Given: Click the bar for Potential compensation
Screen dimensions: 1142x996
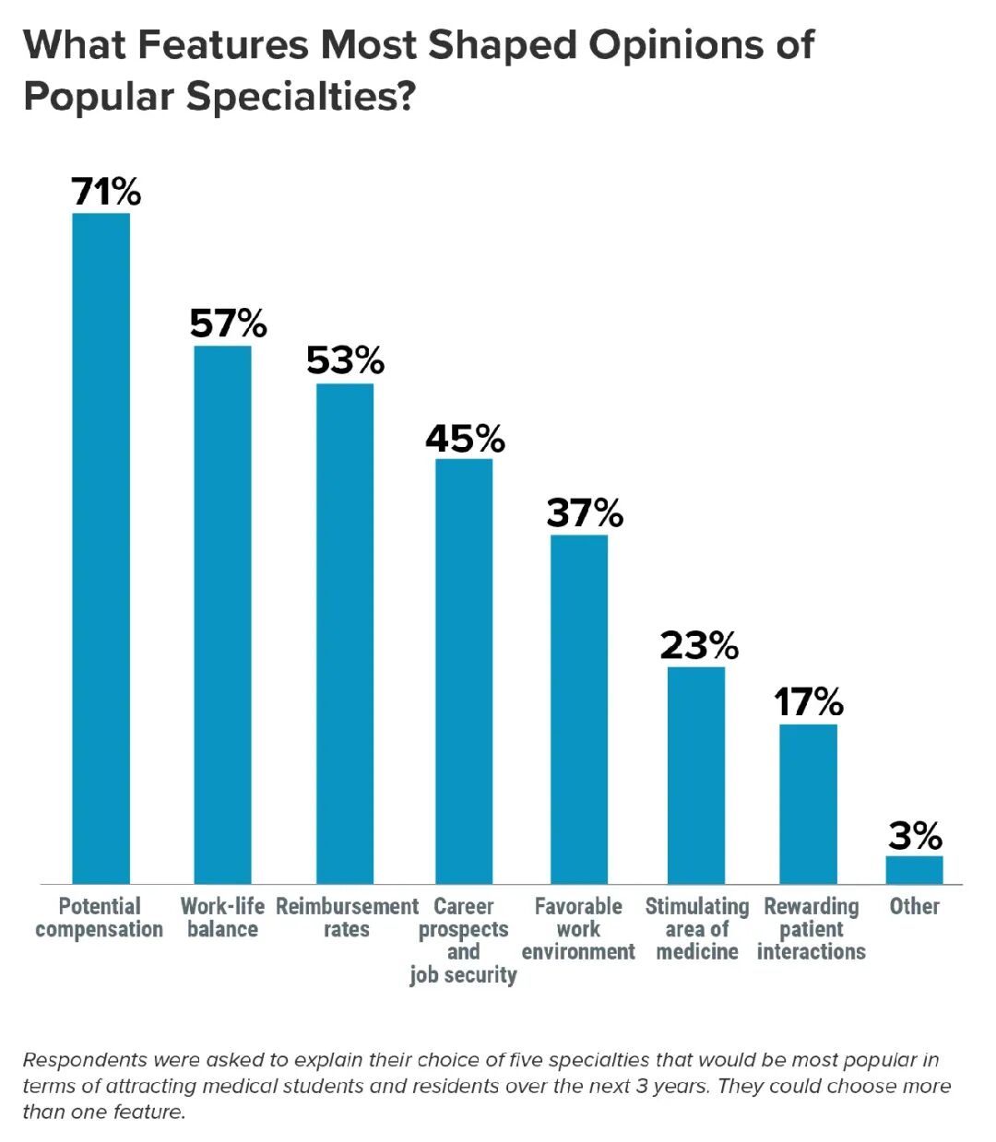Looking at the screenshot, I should coord(101,548).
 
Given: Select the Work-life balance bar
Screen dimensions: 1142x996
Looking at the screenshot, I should coord(222,615).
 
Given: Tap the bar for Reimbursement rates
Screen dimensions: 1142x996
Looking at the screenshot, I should coord(345,633).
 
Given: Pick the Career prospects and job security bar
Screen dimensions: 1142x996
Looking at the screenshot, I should coord(464,671).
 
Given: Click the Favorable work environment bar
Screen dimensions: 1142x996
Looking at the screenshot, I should coord(579,709).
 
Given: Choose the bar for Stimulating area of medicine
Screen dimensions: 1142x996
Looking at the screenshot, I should coord(696,775).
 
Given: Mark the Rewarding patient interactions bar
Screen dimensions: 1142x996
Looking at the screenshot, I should coord(808,804).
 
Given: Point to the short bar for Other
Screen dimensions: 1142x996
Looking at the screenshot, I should coord(914,870).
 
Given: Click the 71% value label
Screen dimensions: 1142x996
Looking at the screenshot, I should coord(106,192).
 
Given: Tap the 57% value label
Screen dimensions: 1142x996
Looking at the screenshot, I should coord(228,324).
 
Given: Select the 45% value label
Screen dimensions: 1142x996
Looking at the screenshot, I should coord(465,439).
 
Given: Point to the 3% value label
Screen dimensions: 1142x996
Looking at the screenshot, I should coord(915,836).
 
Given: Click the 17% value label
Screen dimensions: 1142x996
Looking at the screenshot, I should coord(808,702).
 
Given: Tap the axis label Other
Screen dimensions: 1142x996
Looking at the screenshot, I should coord(914,907).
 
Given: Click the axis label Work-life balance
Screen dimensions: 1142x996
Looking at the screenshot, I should coord(222,918).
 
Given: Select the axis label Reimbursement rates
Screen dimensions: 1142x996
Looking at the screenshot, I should coord(347,918).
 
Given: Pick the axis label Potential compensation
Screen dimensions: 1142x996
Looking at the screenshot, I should coord(100,918).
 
